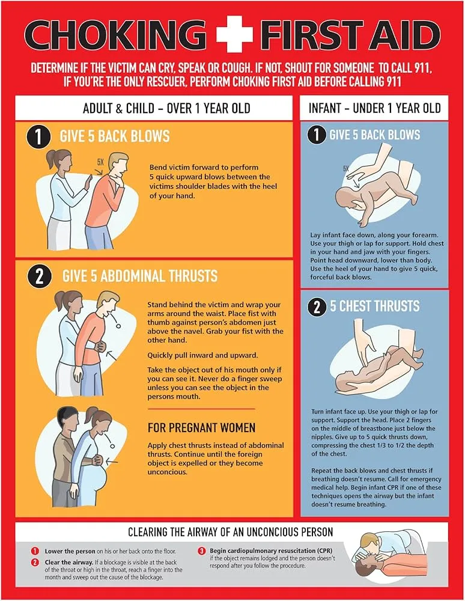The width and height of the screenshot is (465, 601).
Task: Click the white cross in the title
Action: coord(234,35)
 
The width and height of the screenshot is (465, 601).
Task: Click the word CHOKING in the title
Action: coord(114,35)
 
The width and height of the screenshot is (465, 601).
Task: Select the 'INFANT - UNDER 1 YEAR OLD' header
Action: coord(374,109)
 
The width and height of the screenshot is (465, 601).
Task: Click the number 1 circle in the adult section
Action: coord(38,138)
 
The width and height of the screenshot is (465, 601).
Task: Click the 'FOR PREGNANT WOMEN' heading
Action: coord(202,428)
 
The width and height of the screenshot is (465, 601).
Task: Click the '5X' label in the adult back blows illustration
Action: coord(100,162)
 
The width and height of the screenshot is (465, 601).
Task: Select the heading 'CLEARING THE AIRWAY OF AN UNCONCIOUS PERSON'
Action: coord(231,532)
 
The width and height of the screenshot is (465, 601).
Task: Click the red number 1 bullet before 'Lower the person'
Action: coord(35,551)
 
